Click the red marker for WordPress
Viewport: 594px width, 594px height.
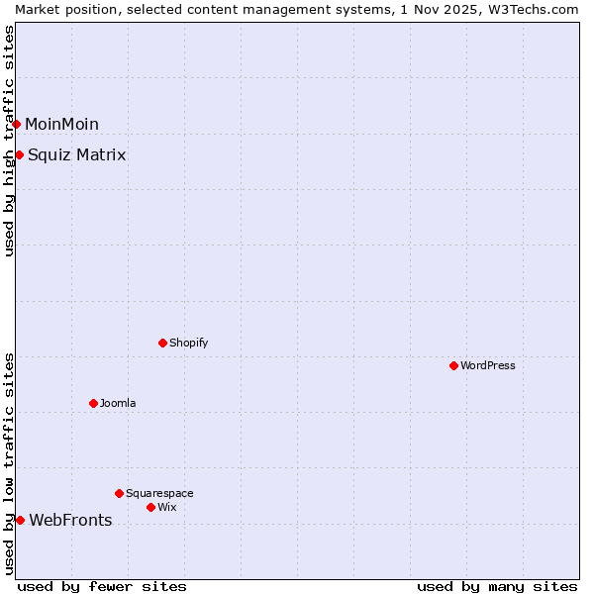[x=453, y=365]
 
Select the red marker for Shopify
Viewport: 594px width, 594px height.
[x=162, y=343]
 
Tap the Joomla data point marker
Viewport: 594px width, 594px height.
[x=93, y=403]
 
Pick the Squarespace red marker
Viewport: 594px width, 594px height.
[x=119, y=493]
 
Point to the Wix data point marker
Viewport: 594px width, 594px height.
[x=150, y=507]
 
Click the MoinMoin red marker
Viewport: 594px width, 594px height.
[x=16, y=124]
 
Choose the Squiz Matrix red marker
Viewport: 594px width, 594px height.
[x=19, y=154]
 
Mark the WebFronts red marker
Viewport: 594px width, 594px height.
[x=20, y=520]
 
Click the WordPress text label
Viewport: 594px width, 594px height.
[x=488, y=365]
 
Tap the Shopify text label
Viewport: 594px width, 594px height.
[x=188, y=343]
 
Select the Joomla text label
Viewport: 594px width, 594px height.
[x=118, y=403]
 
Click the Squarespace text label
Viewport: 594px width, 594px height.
[x=159, y=493]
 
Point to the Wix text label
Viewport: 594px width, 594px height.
[x=166, y=507]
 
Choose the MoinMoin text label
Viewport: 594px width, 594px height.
[x=61, y=124]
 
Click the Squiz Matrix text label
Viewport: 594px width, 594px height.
[x=76, y=154]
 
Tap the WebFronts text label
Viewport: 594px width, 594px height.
[x=70, y=520]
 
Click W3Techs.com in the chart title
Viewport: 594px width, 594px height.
[x=537, y=9]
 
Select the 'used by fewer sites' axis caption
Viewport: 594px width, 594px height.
[x=102, y=586]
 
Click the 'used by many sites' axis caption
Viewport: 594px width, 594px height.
[x=497, y=586]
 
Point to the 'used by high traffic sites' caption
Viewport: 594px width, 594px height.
[x=9, y=141]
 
